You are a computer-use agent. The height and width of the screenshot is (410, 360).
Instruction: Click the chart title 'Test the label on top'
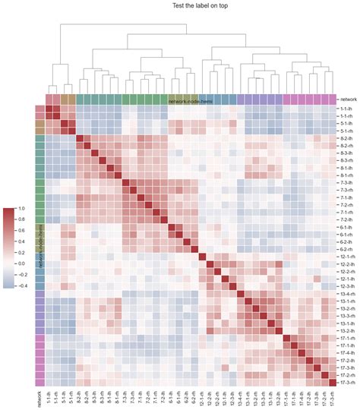pos(180,7)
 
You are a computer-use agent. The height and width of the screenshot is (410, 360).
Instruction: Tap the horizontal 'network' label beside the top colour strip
pos(348,99)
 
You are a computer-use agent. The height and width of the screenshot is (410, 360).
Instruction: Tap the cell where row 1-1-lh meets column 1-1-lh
pos(49,109)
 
